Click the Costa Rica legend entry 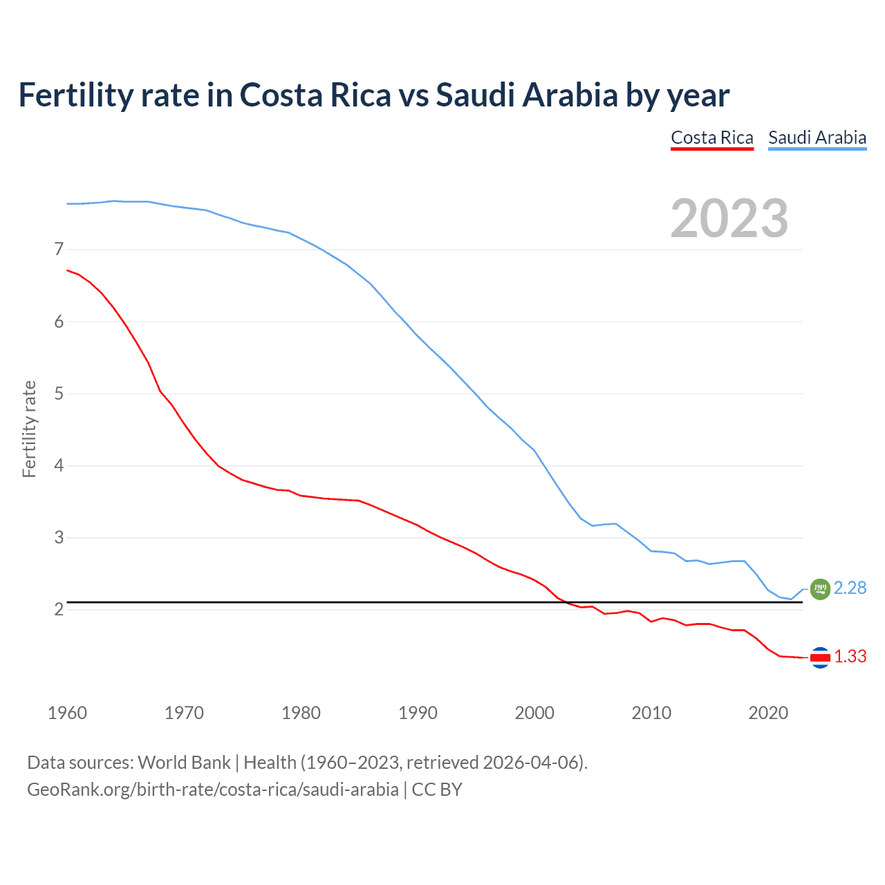pyautogui.click(x=711, y=138)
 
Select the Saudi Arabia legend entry pyautogui.click(x=817, y=138)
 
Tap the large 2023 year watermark pyautogui.click(x=729, y=218)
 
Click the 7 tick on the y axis pyautogui.click(x=59, y=249)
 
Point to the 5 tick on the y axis pyautogui.click(x=59, y=393)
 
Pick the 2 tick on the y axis pyautogui.click(x=59, y=609)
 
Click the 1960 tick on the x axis pyautogui.click(x=67, y=713)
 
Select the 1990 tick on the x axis pyautogui.click(x=418, y=713)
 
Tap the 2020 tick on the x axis pyautogui.click(x=768, y=713)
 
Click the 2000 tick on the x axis pyautogui.click(x=534, y=713)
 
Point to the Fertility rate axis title pyautogui.click(x=29, y=429)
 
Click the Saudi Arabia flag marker pyautogui.click(x=820, y=588)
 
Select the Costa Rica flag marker pyautogui.click(x=820, y=658)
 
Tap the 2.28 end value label pyautogui.click(x=850, y=588)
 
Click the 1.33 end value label pyautogui.click(x=850, y=656)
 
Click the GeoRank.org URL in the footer pyautogui.click(x=212, y=790)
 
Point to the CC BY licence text pyautogui.click(x=437, y=790)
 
